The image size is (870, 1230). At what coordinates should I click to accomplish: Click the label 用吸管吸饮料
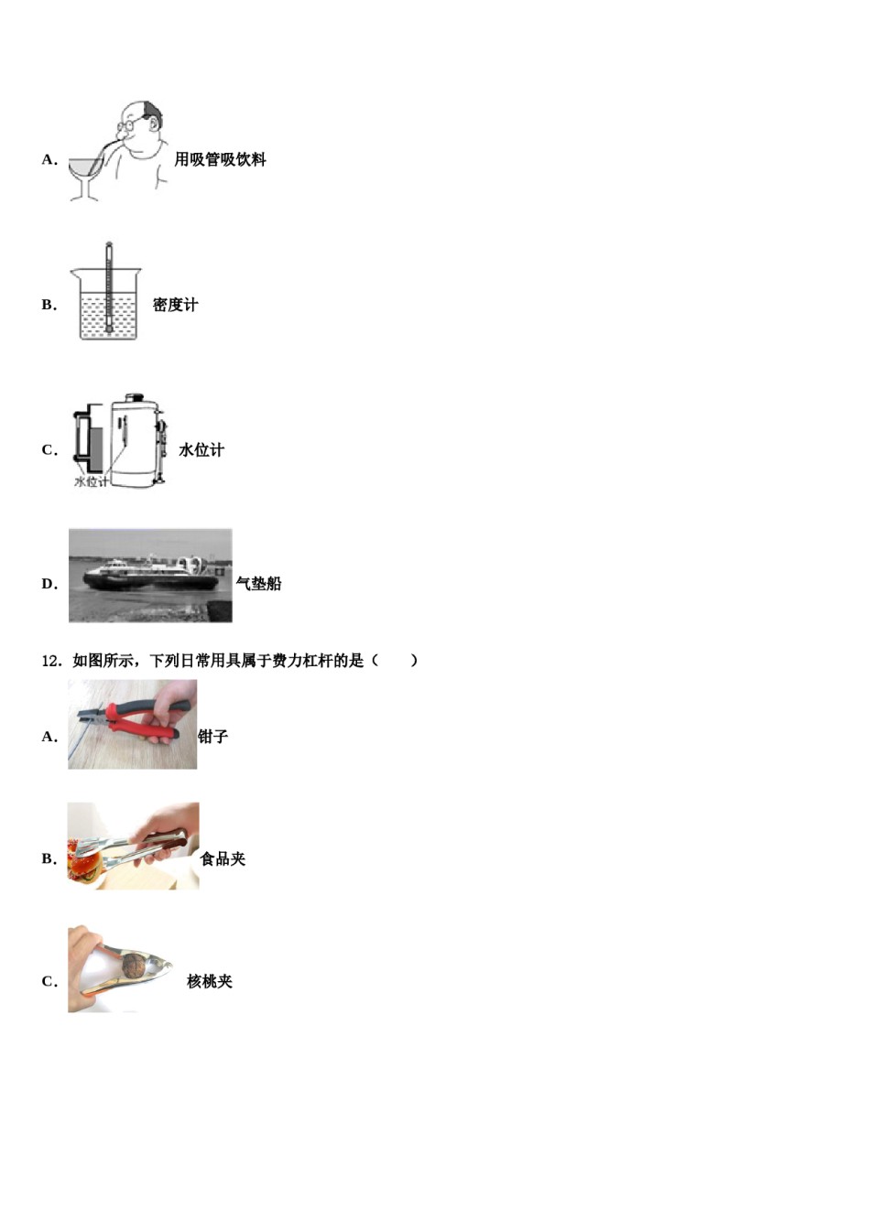(220, 159)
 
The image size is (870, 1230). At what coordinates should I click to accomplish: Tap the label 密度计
(175, 305)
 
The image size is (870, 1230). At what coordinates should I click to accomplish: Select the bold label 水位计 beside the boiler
(201, 449)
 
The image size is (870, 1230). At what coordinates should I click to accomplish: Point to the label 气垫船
(259, 583)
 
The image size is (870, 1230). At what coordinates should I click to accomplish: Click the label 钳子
(213, 736)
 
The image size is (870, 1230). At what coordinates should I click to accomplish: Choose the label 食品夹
(223, 858)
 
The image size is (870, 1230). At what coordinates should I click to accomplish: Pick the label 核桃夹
(210, 981)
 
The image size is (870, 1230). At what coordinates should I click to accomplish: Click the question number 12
(50, 660)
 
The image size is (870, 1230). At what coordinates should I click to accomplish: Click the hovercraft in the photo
(151, 574)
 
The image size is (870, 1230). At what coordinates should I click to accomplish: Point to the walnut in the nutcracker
(135, 964)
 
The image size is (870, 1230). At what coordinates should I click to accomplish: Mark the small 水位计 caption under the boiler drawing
(92, 481)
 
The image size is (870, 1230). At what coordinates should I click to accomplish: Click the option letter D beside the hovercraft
(49, 584)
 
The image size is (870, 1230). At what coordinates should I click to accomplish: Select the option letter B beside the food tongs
(49, 858)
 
